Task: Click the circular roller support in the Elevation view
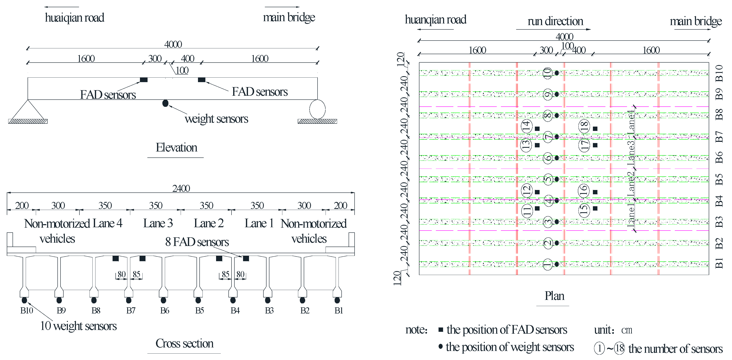317,109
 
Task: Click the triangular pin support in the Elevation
28,111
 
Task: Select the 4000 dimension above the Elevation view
173,44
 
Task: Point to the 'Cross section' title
184,344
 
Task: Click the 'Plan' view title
554,296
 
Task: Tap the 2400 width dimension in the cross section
181,188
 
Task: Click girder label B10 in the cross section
27,311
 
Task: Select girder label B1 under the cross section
339,311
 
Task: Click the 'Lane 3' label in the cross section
158,223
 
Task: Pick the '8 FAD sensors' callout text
197,242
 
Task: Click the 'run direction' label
555,21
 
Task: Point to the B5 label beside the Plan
719,179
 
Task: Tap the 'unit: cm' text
613,330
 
